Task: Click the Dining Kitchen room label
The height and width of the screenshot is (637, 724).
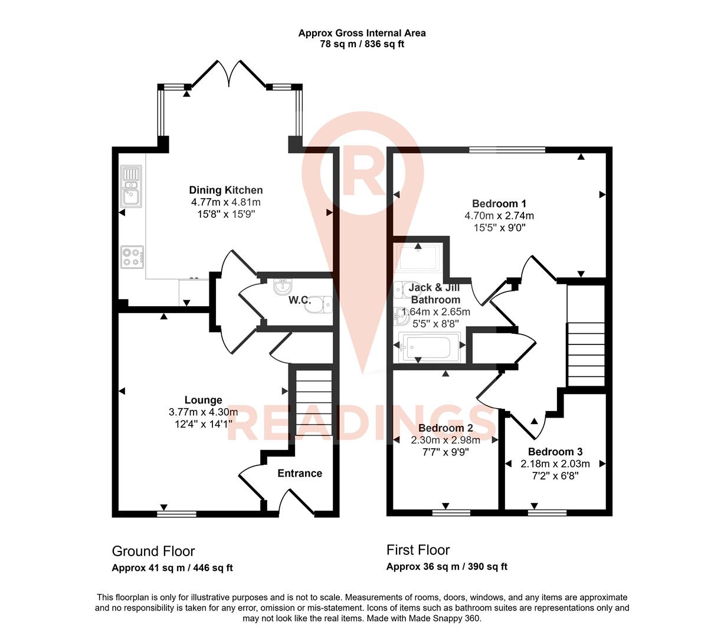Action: click(225, 190)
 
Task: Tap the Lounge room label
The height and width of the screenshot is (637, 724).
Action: click(203, 400)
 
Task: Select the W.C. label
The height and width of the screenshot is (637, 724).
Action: click(299, 300)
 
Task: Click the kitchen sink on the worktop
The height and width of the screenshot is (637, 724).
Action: click(130, 193)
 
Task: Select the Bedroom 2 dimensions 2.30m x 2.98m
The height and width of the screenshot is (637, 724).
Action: click(445, 440)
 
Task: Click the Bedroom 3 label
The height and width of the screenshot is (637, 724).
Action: click(555, 452)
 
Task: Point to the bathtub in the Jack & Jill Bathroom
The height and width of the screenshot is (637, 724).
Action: click(429, 347)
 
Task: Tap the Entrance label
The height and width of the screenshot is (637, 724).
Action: click(300, 473)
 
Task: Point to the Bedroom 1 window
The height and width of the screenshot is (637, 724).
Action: click(507, 150)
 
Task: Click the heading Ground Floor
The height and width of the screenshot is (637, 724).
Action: click(153, 551)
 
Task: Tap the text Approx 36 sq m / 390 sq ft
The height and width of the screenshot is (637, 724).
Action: click(447, 567)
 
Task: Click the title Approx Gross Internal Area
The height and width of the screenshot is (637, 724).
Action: click(362, 33)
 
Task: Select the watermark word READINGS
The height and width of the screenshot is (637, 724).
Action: click(361, 423)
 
